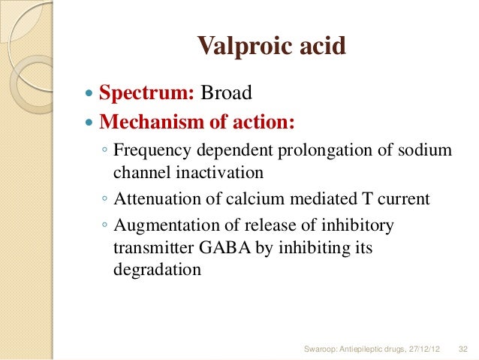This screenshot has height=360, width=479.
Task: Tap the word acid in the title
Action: click(x=319, y=47)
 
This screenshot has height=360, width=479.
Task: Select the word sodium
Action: click(x=428, y=150)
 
